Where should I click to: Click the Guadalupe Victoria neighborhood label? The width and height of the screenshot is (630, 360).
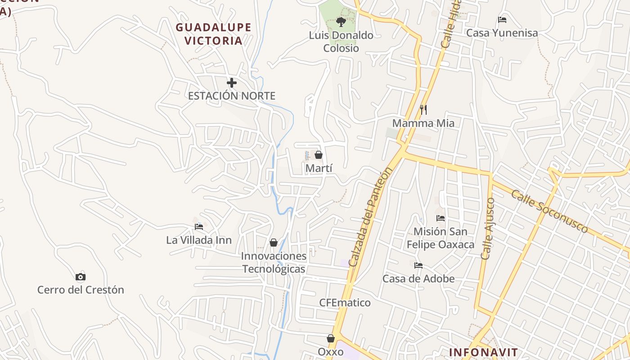pos(213,34)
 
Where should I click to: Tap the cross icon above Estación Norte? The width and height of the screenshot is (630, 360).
pos(232,83)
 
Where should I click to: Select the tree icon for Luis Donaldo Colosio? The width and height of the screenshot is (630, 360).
pos(341,22)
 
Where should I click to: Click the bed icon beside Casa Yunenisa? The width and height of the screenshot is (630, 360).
pos(502,20)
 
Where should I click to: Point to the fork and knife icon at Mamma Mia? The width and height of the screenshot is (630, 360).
pos(423,109)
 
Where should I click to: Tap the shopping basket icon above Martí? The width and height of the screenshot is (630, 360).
pos(319,155)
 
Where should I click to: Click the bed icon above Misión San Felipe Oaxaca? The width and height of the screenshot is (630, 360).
pos(441,218)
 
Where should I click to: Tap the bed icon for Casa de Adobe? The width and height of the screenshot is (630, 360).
pos(418,265)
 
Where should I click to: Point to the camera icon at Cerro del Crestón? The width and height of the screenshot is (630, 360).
pos(81,277)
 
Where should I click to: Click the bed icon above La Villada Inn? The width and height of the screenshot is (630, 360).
pos(199,226)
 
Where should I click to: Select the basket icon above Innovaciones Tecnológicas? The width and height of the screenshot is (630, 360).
pos(274,243)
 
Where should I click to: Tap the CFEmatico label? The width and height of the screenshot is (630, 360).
pos(345,302)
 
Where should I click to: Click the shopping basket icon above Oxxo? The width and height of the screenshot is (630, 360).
pos(331,338)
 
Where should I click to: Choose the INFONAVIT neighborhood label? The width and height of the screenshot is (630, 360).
pos(483,352)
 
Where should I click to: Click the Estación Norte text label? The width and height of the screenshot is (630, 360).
pos(231,96)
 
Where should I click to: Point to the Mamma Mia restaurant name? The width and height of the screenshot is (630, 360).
pos(423,123)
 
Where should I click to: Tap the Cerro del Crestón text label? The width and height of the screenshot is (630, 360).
pos(81,290)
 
